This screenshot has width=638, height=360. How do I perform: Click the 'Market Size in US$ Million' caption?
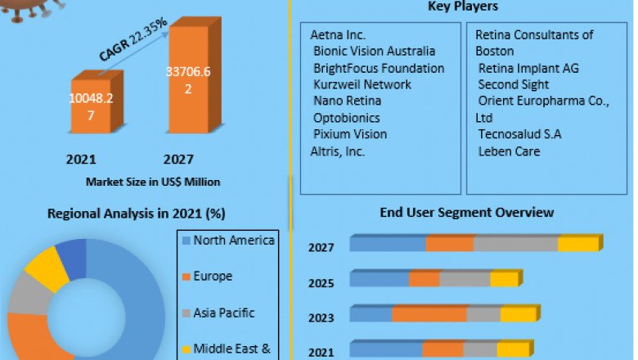pos(152,181)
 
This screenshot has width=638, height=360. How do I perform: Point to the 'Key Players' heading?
pos(463,7)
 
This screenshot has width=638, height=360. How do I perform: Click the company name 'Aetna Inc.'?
pos(338,35)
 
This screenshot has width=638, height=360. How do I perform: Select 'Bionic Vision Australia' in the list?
pos(375,52)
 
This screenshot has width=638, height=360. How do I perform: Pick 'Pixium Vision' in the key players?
pos(350,134)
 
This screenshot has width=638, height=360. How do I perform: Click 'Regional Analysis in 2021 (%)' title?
pos(137,214)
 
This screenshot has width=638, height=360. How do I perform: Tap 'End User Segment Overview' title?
pos(466,213)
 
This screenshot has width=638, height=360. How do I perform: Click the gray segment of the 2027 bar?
pos(516,244)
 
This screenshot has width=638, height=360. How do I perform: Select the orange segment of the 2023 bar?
pos(429,314)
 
